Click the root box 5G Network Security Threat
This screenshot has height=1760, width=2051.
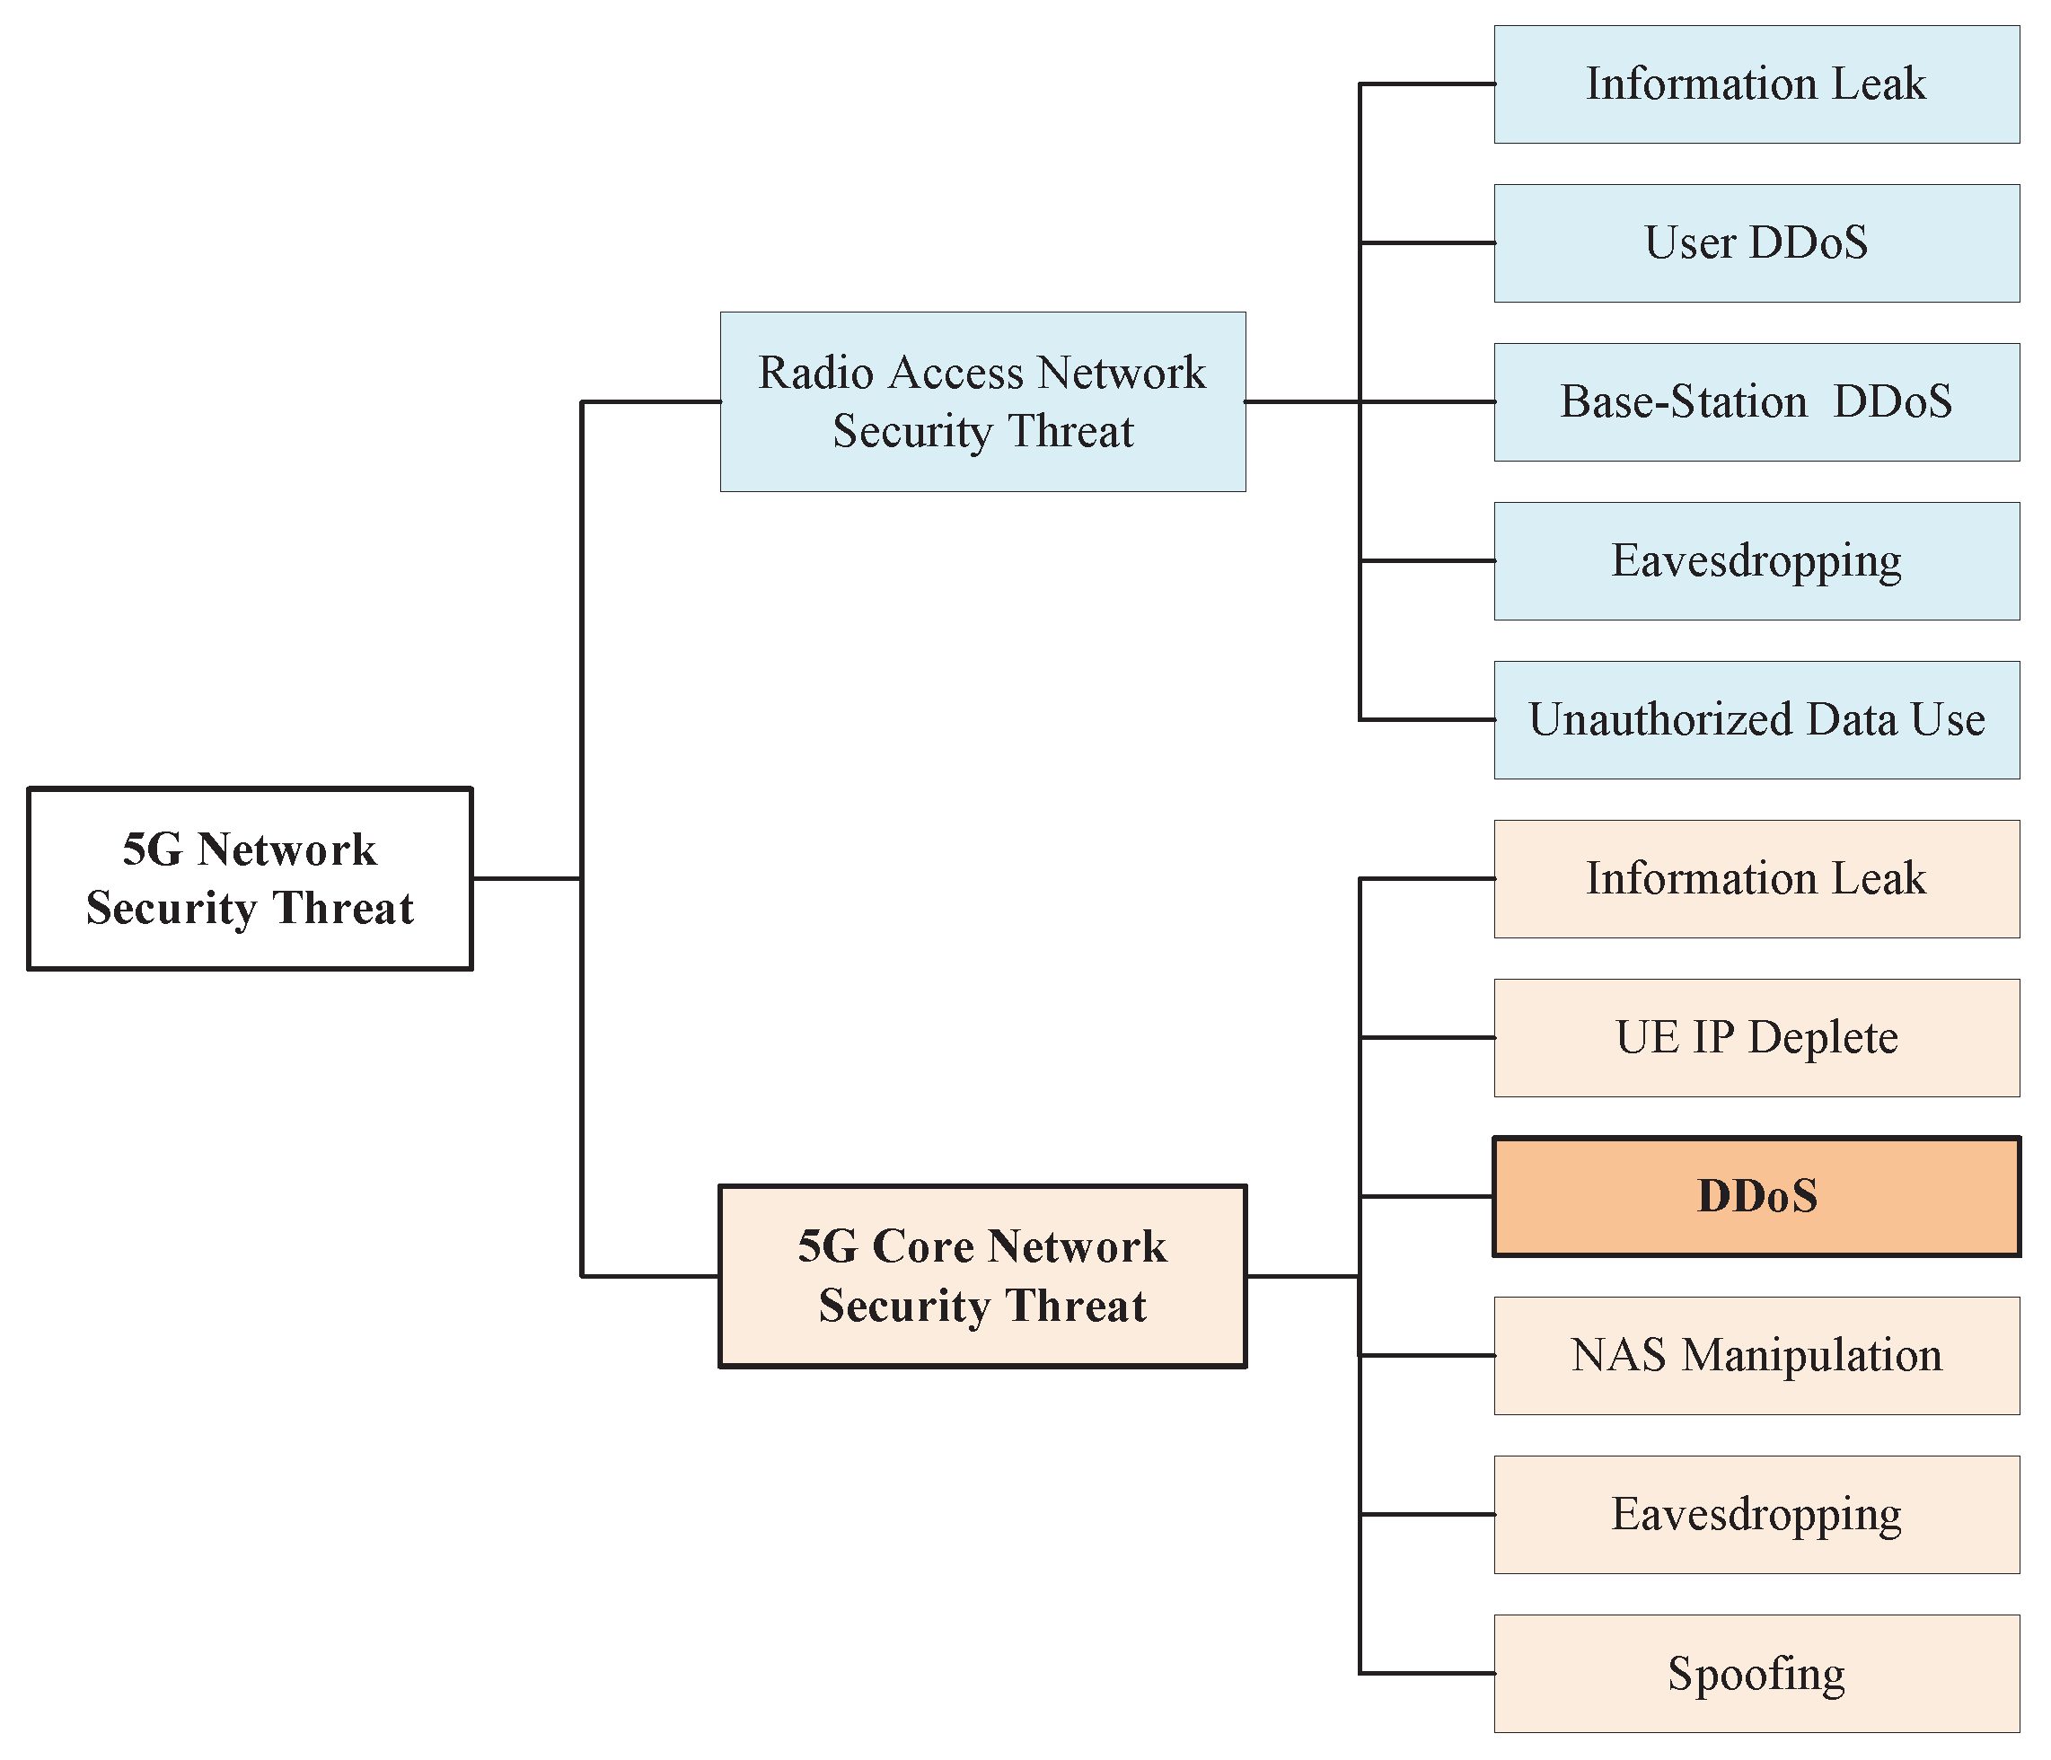[250, 878]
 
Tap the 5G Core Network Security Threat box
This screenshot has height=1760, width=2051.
[981, 1275]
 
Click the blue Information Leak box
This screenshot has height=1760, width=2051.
[1756, 84]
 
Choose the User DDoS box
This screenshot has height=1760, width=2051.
[1756, 242]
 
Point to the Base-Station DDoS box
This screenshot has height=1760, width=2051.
[1756, 402]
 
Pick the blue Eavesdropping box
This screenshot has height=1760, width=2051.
[1756, 560]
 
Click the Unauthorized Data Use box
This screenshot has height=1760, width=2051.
[1756, 719]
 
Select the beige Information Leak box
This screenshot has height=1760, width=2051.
[1756, 878]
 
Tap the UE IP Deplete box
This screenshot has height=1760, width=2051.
[1756, 1037]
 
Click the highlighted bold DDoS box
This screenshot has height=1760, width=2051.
[1756, 1196]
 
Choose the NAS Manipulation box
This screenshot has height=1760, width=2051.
[1756, 1355]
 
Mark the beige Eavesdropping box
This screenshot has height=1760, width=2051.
[1756, 1514]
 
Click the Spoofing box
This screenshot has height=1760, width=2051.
[1756, 1673]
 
